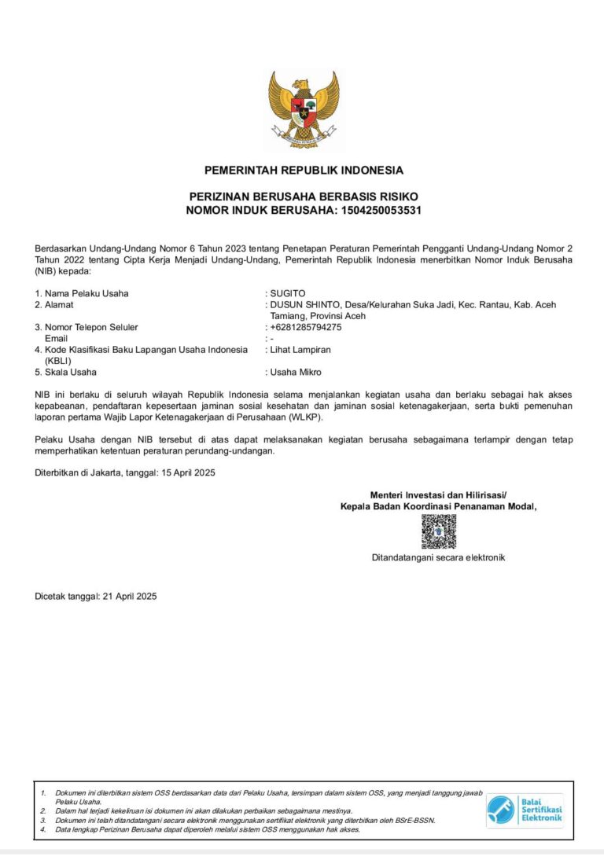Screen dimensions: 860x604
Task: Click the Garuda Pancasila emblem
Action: point(303,109)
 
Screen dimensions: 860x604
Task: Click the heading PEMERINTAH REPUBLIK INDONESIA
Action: point(304,170)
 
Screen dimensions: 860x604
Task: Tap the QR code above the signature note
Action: point(438,532)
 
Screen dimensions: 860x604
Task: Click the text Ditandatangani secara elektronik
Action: point(438,557)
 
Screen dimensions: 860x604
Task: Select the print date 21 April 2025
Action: point(130,596)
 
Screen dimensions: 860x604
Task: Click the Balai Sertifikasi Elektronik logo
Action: point(525,809)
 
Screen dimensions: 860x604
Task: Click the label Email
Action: point(57,338)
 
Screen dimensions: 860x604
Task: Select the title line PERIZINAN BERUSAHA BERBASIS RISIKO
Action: point(304,196)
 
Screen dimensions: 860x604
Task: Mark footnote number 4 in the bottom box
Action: point(44,829)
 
